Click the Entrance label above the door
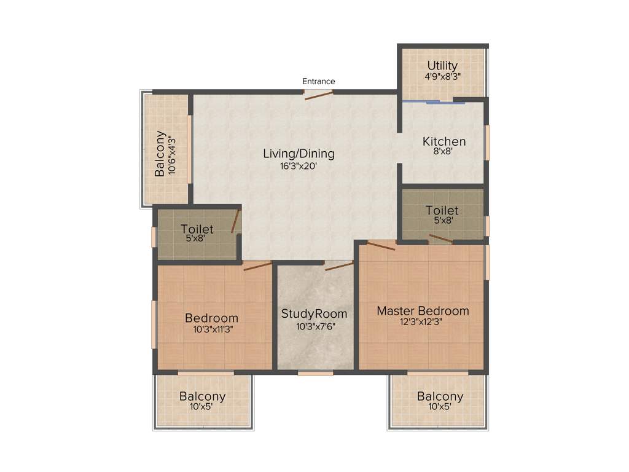[318, 81]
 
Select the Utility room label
[442, 66]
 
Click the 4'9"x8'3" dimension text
[442, 77]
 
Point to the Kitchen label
[443, 141]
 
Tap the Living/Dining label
[299, 154]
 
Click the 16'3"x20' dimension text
[299, 165]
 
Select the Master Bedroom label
[423, 311]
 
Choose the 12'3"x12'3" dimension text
[423, 322]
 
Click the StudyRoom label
[314, 314]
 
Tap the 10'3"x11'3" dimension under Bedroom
[211, 329]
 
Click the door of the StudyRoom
[339, 265]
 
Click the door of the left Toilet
[235, 221]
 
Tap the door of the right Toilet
[440, 239]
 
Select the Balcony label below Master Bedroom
[440, 396]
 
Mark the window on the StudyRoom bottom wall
[316, 372]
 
